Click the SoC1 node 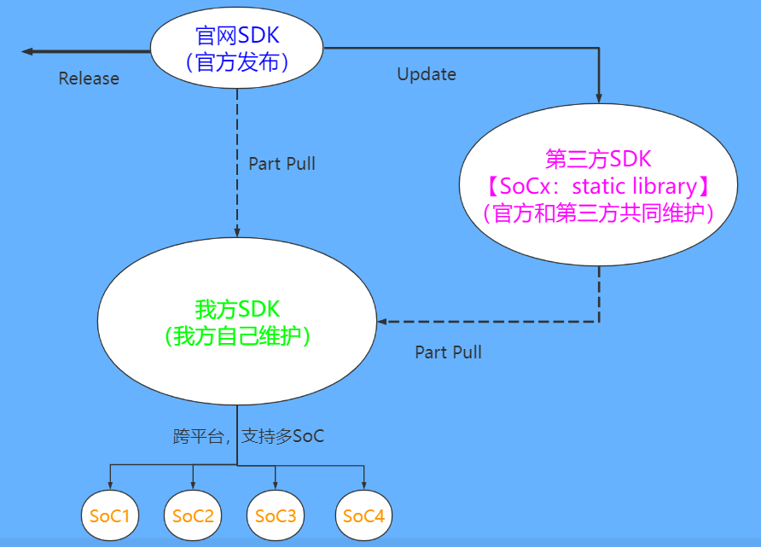click(x=110, y=516)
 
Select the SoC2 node click(x=193, y=516)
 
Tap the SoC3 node click(x=276, y=516)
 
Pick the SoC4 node click(x=364, y=516)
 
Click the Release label click(x=89, y=79)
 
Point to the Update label click(x=427, y=74)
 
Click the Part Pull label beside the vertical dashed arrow click(x=282, y=163)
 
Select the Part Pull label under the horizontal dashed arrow click(x=448, y=352)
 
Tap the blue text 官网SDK click(x=237, y=37)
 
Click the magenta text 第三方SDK click(x=598, y=160)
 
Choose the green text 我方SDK click(x=237, y=309)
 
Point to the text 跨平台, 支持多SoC click(x=248, y=437)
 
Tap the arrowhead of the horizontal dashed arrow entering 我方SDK click(x=383, y=322)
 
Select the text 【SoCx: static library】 click(x=597, y=186)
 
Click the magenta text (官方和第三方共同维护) click(x=597, y=212)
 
